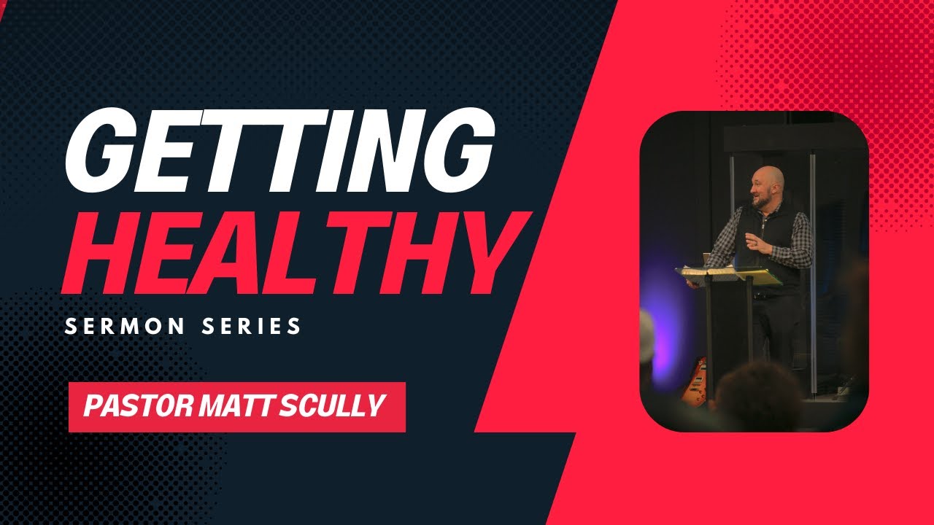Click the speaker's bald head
click(770, 178)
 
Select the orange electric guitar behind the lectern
click(694, 379)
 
